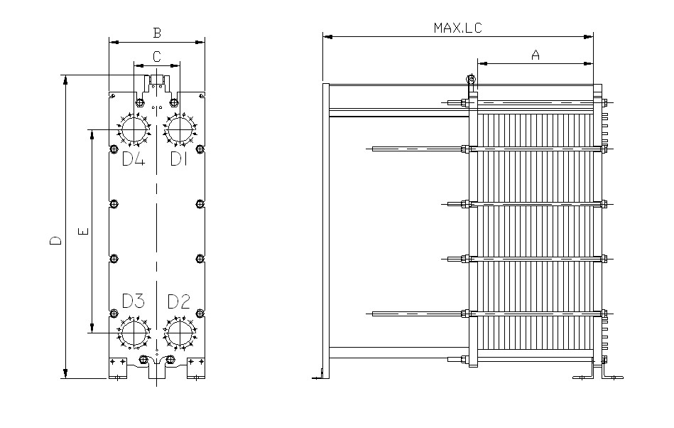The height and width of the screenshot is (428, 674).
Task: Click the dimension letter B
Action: [x=158, y=33]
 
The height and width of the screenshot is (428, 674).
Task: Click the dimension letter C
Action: [x=157, y=56]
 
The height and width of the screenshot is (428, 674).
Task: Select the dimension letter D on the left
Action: [x=55, y=240]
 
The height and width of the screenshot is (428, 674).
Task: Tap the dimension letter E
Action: [x=84, y=231]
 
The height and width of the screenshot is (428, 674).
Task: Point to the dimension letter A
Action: [x=536, y=55]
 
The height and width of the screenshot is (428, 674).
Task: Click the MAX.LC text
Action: [x=458, y=28]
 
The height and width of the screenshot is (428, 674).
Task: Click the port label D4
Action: [x=134, y=159]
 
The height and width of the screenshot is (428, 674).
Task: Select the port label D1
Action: [x=179, y=159]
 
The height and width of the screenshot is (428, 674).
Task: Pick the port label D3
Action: [x=134, y=301]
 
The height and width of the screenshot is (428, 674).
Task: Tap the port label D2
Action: [x=179, y=301]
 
